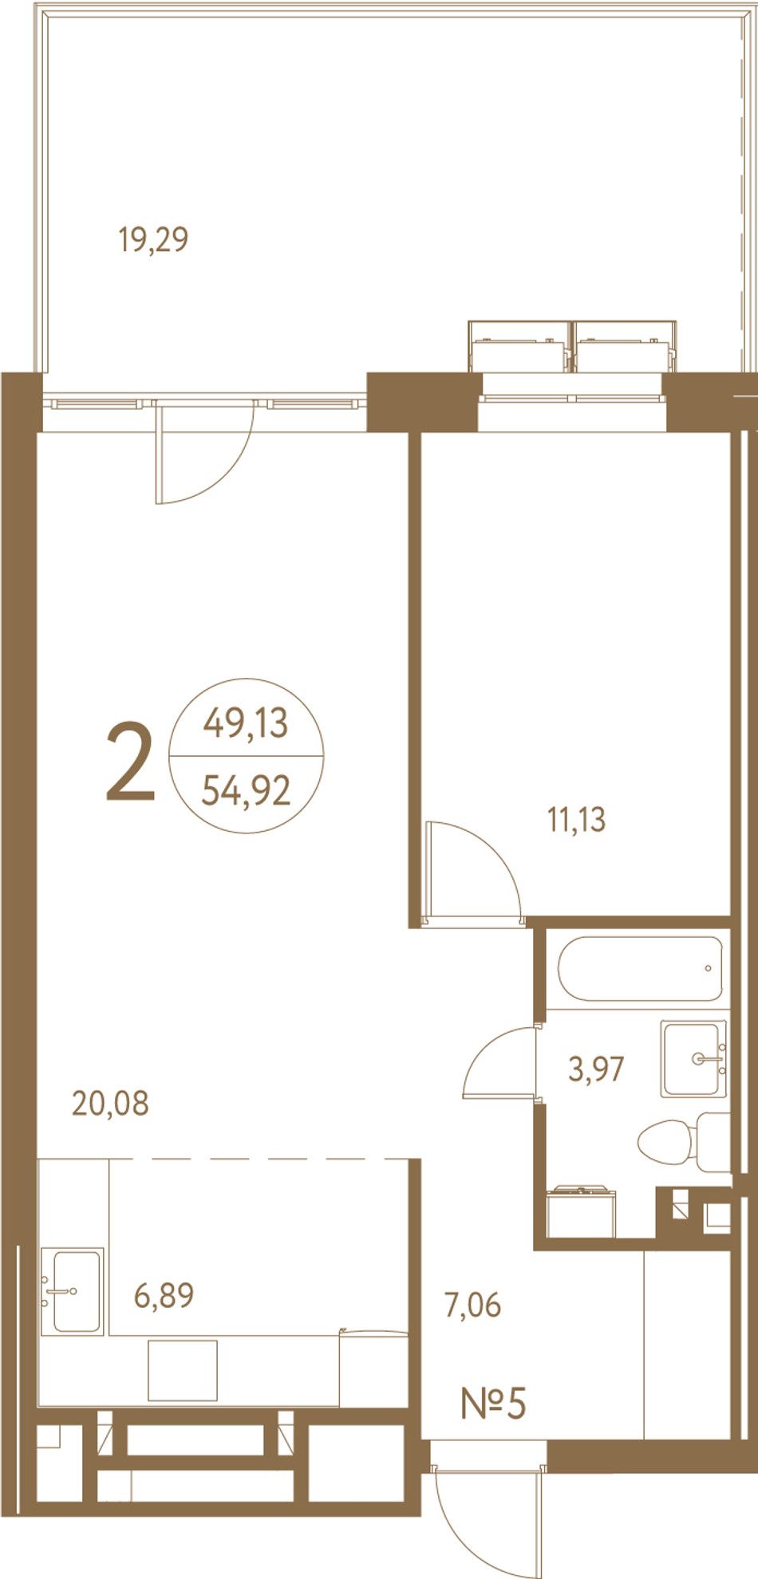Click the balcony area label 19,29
[x=153, y=239]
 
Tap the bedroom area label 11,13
[x=576, y=819]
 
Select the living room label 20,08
[x=110, y=1104]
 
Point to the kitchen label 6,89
[x=164, y=1295]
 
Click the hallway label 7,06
[x=472, y=1305]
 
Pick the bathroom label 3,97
[x=596, y=1069]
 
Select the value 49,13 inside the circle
[x=246, y=723]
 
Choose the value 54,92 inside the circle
[x=246, y=791]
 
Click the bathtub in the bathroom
[x=640, y=968]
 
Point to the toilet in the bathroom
[x=685, y=1142]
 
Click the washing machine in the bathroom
[x=582, y=1212]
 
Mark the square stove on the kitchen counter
[x=183, y=1370]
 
